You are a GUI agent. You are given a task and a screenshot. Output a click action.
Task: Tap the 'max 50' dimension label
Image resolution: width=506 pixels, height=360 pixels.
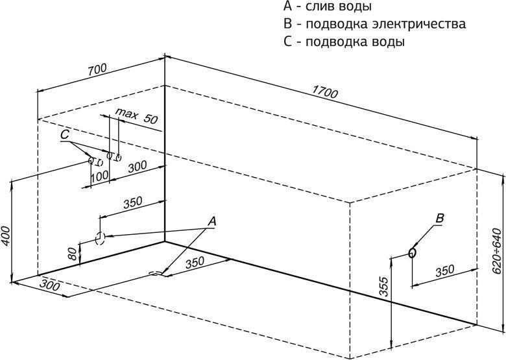tap(136, 117)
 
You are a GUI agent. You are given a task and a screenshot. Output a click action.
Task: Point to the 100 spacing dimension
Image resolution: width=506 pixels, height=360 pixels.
tap(99, 176)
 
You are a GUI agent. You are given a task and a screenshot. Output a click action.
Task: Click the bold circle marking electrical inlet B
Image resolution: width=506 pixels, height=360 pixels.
tap(412, 252)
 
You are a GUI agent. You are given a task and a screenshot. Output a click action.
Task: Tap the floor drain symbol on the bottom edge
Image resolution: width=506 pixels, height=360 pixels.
tap(156, 274)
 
